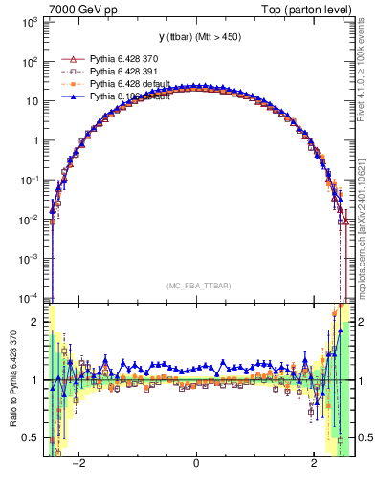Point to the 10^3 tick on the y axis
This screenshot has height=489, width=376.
[x=28, y=22]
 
